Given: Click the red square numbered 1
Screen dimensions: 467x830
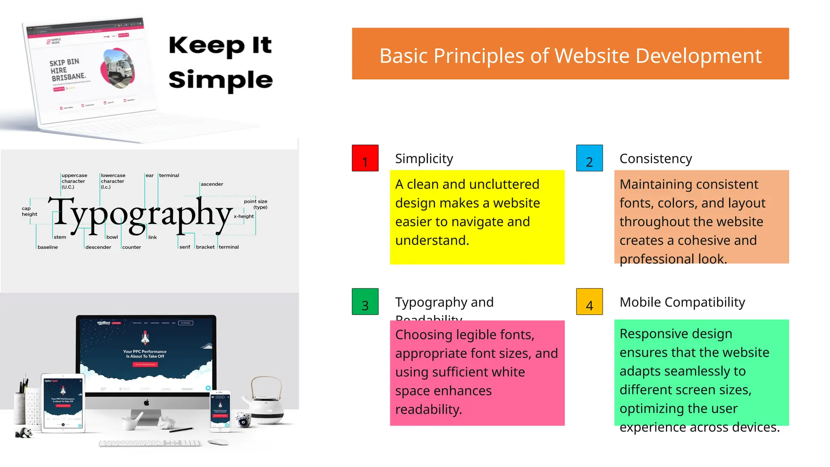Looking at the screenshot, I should [365, 158].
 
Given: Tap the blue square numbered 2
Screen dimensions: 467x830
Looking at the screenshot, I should [589, 158].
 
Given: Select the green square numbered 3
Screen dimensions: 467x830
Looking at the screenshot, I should [365, 302].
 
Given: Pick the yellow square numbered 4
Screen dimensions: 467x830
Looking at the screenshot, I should [589, 302].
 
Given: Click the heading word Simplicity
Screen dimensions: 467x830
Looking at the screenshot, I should [424, 159].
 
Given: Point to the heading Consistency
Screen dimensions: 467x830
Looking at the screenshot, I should [655, 159].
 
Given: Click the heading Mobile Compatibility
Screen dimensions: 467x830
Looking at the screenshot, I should [682, 302].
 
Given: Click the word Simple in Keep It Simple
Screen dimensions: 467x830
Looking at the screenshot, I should [220, 80].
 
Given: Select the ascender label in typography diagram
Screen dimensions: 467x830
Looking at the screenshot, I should [212, 184].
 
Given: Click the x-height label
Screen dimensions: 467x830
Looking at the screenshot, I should [244, 216].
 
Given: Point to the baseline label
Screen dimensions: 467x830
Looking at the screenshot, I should [47, 247].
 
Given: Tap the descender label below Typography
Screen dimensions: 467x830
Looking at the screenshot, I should [98, 247].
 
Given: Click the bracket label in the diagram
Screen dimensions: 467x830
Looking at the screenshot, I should [205, 247].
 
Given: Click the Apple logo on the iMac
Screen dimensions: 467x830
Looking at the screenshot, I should [146, 403].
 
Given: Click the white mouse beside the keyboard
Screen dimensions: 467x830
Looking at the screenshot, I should [218, 442].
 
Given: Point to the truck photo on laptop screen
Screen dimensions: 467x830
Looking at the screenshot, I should [118, 68].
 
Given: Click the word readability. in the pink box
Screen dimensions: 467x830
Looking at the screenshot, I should [428, 409].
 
